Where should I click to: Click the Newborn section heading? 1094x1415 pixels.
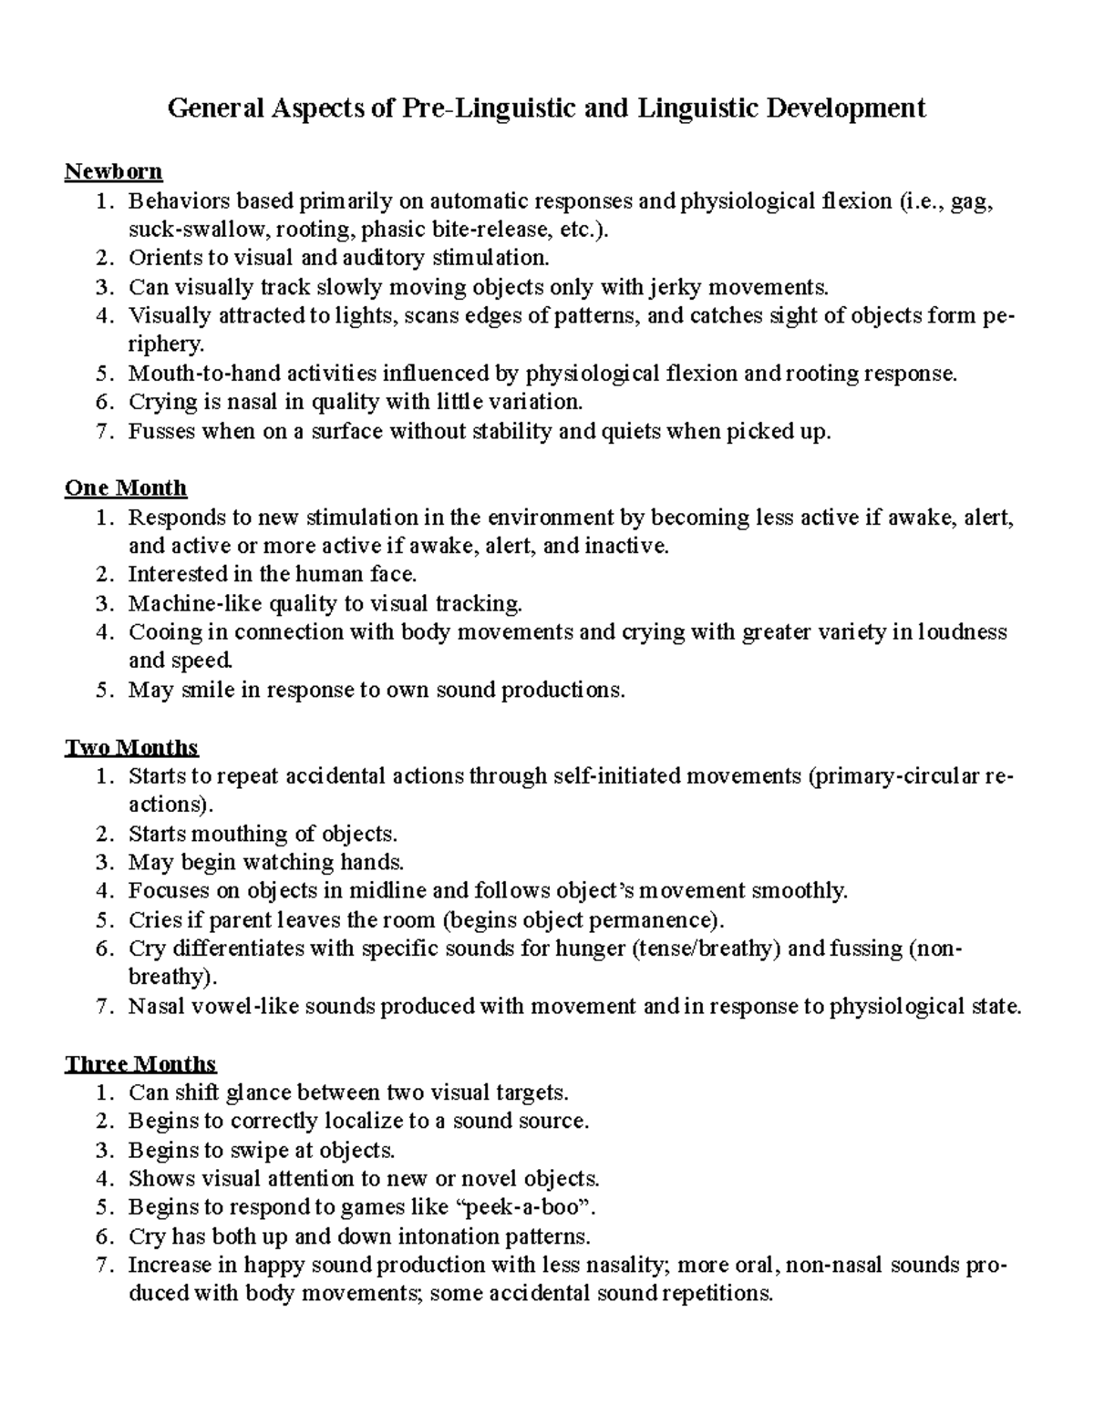[x=113, y=171]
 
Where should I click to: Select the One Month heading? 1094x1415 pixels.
[x=126, y=488]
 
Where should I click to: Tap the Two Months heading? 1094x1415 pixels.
[x=131, y=748]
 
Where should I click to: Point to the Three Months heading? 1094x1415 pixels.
[x=140, y=1064]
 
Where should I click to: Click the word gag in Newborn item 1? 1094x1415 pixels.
[x=970, y=200]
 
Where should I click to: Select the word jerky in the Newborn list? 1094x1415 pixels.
[x=675, y=287]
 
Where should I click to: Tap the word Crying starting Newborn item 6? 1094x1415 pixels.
[x=163, y=402]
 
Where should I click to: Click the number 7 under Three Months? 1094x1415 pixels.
[x=104, y=1266]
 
